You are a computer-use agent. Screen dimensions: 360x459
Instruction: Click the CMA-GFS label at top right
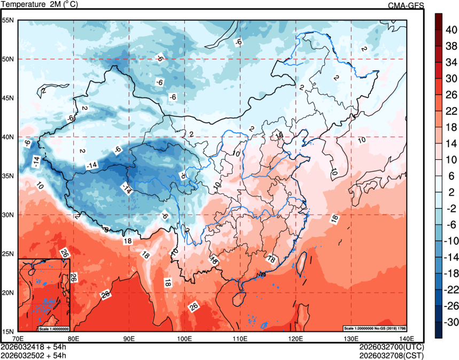point(406,5)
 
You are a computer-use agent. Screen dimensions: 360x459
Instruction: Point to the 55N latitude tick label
point(7,20)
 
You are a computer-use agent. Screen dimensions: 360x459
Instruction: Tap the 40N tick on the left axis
point(7,137)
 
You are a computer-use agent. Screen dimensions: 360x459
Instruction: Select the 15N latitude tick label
point(7,332)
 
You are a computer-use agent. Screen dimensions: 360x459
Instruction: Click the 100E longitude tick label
point(184,338)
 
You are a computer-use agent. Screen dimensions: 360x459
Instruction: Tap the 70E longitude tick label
point(18,338)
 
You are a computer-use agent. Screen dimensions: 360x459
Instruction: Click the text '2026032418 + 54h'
point(33,347)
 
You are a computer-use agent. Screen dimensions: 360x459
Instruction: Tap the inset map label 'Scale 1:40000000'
point(54,328)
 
